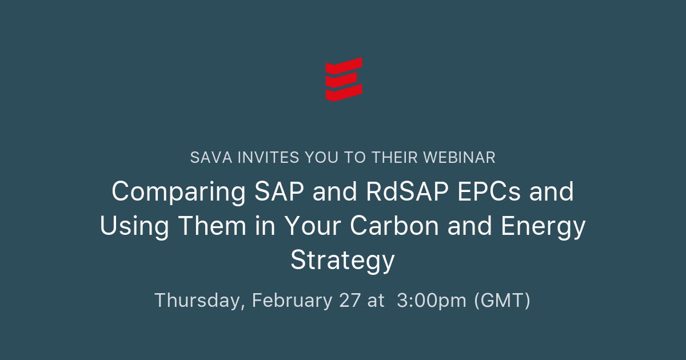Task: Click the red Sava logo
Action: pos(344,79)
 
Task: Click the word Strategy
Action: pos(342,261)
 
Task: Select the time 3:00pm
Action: pos(431,300)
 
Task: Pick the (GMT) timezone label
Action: pos(502,300)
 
